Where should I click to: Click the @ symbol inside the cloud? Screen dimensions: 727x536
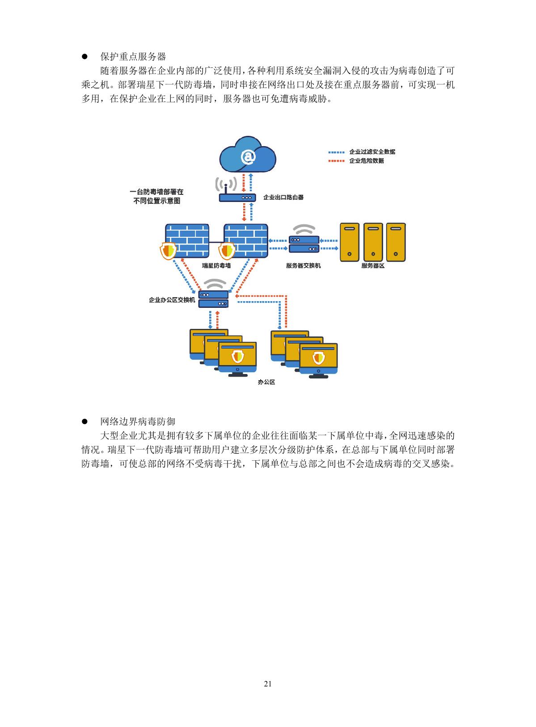click(248, 156)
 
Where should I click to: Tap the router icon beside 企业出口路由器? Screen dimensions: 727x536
click(237, 197)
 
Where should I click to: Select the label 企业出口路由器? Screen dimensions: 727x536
click(283, 197)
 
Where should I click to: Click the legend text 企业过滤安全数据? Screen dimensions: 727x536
click(372, 151)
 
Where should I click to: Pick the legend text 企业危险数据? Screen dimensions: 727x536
click(366, 160)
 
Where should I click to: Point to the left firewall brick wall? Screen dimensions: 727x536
click(187, 240)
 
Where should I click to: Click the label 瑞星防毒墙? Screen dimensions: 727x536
click(216, 265)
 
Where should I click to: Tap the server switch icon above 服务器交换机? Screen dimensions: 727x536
click(304, 244)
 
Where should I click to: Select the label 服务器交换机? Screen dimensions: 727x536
click(304, 265)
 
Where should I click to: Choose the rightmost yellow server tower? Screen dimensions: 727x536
click(396, 242)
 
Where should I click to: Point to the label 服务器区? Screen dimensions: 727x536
click(373, 265)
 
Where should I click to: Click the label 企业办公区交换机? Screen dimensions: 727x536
click(172, 300)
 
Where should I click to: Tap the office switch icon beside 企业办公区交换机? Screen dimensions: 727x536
click(214, 299)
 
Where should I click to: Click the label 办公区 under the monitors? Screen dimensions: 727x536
click(266, 382)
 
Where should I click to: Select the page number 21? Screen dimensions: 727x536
click(268, 684)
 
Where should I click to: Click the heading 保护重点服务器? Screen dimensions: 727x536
click(133, 57)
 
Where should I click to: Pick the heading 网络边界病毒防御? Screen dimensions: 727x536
click(138, 421)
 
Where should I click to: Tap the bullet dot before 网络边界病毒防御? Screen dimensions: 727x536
click(84, 422)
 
